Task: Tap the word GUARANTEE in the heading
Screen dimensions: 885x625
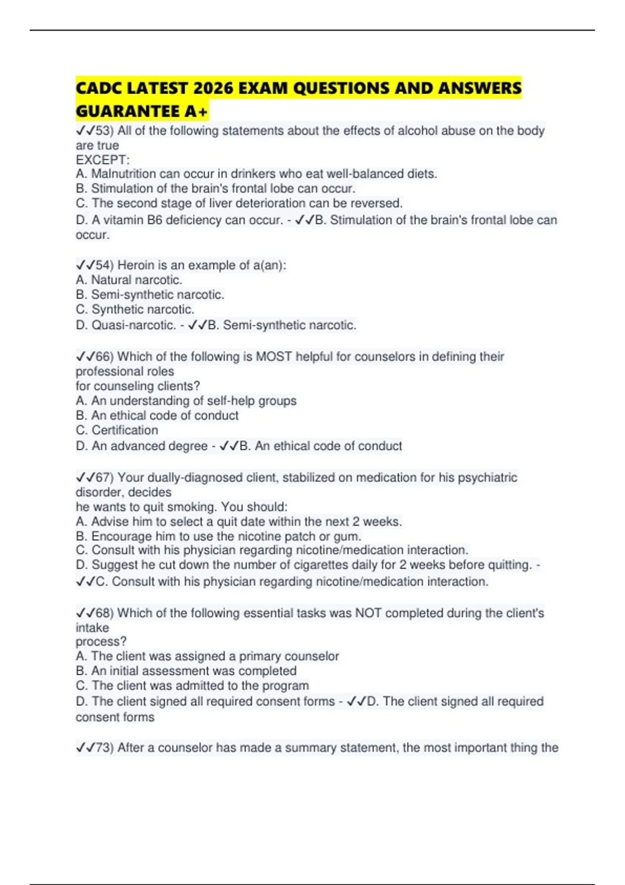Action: pos(128,111)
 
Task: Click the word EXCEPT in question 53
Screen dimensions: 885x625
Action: pos(101,160)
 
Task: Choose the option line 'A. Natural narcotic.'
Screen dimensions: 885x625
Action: pos(129,280)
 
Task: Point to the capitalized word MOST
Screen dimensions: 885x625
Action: pos(273,357)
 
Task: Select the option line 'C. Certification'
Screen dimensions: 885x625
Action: pos(117,431)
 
